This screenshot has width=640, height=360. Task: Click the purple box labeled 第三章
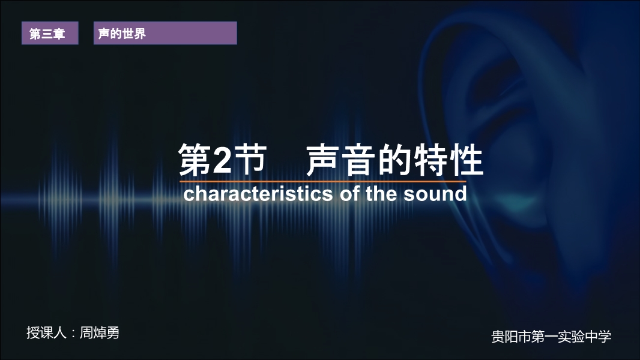(x=50, y=33)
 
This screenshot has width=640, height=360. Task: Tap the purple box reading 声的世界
(x=165, y=33)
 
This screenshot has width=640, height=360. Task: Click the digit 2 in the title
(x=222, y=160)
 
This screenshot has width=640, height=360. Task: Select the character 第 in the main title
(x=195, y=160)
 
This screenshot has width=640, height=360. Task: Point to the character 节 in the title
(x=249, y=160)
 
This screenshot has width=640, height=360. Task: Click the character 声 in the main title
(x=322, y=160)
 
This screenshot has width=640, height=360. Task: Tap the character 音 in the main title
(x=358, y=160)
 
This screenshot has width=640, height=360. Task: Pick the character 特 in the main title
(x=430, y=160)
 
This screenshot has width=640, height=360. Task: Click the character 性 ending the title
(x=466, y=160)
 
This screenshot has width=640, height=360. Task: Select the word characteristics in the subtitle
(x=258, y=194)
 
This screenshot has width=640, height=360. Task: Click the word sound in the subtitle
(x=435, y=194)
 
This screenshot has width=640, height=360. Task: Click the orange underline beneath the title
(x=322, y=181)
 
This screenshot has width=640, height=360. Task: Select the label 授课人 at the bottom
(x=46, y=332)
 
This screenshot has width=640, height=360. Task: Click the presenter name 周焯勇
(x=99, y=332)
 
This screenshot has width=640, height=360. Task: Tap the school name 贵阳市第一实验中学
(x=551, y=337)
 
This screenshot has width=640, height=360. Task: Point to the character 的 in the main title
(x=394, y=160)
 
